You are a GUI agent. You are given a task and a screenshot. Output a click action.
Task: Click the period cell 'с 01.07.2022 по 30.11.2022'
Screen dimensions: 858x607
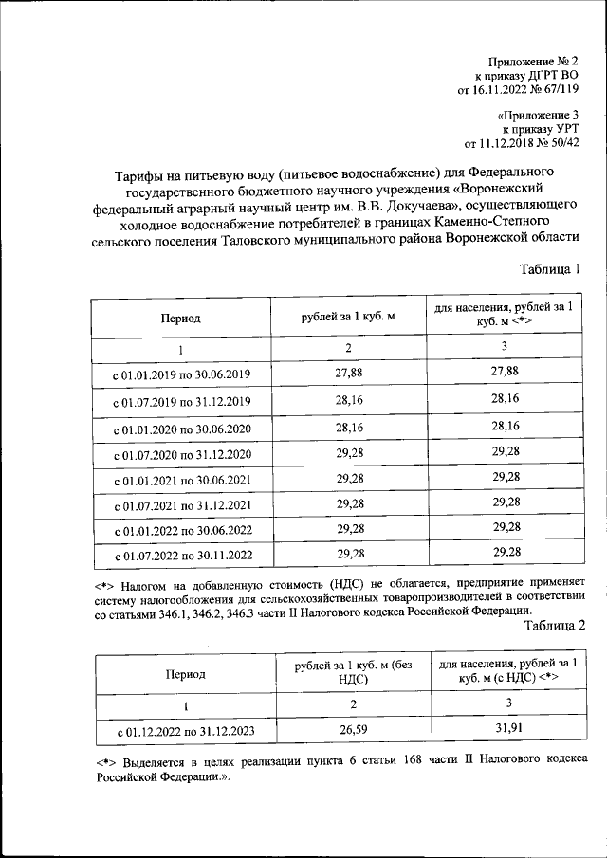181,555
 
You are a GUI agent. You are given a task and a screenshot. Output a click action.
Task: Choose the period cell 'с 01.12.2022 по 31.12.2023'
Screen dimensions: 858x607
185,731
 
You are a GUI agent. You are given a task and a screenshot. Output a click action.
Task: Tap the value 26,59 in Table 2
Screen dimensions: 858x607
350,730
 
